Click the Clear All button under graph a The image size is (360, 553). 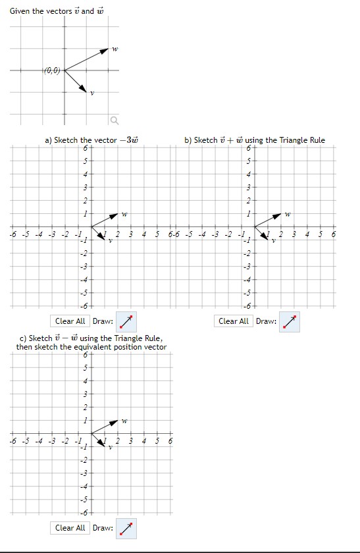70,321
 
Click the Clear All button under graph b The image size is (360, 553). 234,321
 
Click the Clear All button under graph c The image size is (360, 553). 70,528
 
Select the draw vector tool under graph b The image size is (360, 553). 289,322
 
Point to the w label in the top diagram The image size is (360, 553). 115,49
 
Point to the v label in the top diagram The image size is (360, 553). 92,93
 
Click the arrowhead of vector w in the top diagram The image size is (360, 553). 105,50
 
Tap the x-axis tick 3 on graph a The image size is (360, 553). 131,234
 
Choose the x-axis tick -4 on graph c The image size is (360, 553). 38,441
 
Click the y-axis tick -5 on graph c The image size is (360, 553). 83,500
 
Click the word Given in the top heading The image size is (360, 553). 20,11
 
